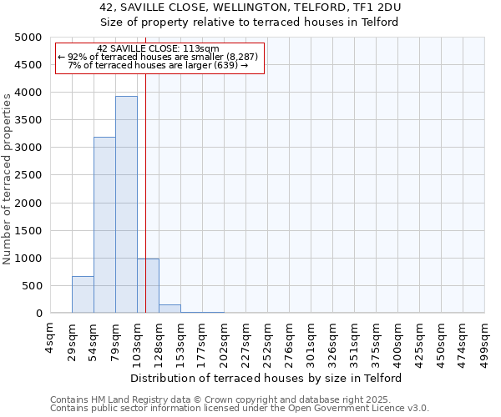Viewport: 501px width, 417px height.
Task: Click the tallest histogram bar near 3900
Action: pyautogui.click(x=126, y=204)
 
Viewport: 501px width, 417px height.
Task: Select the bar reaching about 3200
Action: pyautogui.click(x=104, y=225)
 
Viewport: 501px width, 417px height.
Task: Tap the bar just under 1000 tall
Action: pyautogui.click(x=148, y=286)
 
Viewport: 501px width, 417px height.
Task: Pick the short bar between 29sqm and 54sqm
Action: pyautogui.click(x=83, y=294)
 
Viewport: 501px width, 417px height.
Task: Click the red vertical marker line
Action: pyautogui.click(x=145, y=183)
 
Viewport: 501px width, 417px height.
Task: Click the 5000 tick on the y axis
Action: pyautogui.click(x=28, y=38)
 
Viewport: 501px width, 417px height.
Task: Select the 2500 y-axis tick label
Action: pyautogui.click(x=28, y=175)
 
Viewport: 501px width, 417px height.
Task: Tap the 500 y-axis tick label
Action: pyautogui.click(x=32, y=286)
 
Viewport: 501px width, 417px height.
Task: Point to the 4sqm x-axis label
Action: pyautogui.click(x=50, y=337)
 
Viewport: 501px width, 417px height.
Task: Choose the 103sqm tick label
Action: pyautogui.click(x=137, y=341)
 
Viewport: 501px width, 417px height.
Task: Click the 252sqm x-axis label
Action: pyautogui.click(x=267, y=341)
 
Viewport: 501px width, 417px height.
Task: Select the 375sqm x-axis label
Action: pyautogui.click(x=376, y=341)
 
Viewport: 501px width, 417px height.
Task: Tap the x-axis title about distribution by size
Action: pyautogui.click(x=266, y=378)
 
